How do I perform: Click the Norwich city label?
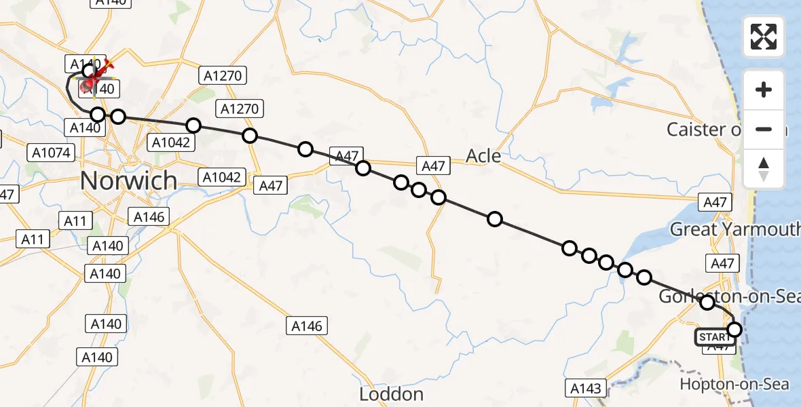click(x=129, y=181)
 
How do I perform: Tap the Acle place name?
click(x=483, y=156)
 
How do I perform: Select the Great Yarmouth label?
click(x=735, y=229)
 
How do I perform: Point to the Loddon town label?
click(x=392, y=394)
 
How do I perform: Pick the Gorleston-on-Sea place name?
click(x=729, y=296)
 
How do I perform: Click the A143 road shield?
click(x=585, y=388)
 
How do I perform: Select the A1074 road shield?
click(x=52, y=153)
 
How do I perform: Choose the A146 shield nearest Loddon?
click(x=307, y=326)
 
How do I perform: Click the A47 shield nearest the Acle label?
click(x=433, y=166)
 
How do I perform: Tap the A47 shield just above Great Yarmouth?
click(x=715, y=202)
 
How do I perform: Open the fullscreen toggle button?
click(x=764, y=37)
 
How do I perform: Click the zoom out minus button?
click(x=764, y=129)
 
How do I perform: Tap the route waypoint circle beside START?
click(x=734, y=330)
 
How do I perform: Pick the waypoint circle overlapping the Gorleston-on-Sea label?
click(x=707, y=303)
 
